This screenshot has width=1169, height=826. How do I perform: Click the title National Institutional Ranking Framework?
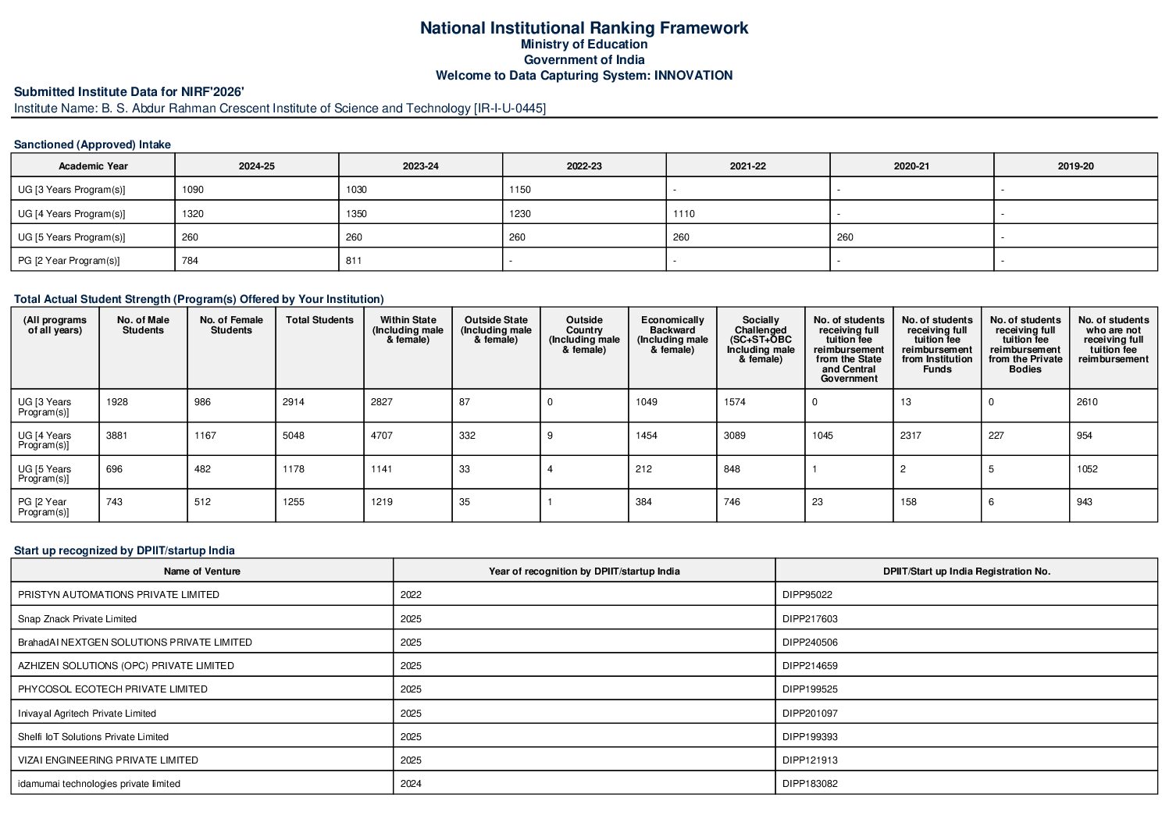coord(583,28)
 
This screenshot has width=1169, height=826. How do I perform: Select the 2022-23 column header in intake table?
coord(584,166)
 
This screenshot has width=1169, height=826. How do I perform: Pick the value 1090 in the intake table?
coord(193,190)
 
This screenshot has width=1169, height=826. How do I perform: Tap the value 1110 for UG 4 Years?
coord(684,214)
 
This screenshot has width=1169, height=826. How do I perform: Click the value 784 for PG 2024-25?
coord(190,261)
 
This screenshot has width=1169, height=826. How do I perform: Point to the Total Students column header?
coord(319,320)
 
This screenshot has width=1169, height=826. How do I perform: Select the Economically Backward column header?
coord(672,335)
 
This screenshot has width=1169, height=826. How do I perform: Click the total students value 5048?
coord(294,436)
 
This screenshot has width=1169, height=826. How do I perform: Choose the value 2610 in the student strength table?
coord(1087,402)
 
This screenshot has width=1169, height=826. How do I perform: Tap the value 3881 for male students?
coord(117,436)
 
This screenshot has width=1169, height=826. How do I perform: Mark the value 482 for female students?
coord(202,469)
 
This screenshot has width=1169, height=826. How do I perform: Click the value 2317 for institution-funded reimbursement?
coord(911,436)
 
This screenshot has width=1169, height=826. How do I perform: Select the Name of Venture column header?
coord(202,571)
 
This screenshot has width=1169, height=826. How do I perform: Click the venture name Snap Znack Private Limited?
coord(77,619)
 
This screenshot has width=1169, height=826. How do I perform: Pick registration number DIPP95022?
coord(807,595)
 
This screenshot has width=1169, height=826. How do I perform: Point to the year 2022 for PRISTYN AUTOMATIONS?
coord(411,595)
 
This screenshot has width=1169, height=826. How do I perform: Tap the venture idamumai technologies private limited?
coord(99,784)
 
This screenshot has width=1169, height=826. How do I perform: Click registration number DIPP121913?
coord(810,760)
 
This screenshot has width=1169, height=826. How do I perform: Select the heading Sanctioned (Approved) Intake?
coord(92,144)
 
